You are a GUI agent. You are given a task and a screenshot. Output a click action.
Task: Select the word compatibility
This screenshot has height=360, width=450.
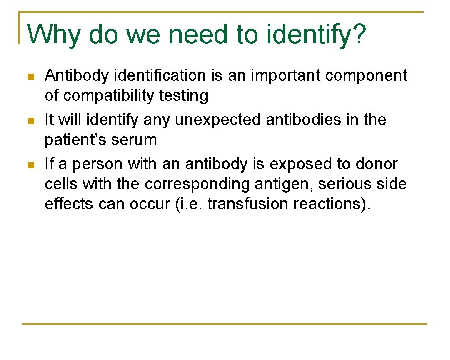click(109, 96)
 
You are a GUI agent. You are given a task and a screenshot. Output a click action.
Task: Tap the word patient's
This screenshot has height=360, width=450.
click(71, 140)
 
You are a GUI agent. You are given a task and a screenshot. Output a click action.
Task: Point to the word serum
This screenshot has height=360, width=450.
click(135, 140)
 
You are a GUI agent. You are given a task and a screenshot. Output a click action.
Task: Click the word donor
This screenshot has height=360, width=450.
click(377, 164)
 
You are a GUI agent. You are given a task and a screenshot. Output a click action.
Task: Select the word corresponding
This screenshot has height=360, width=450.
click(197, 184)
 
